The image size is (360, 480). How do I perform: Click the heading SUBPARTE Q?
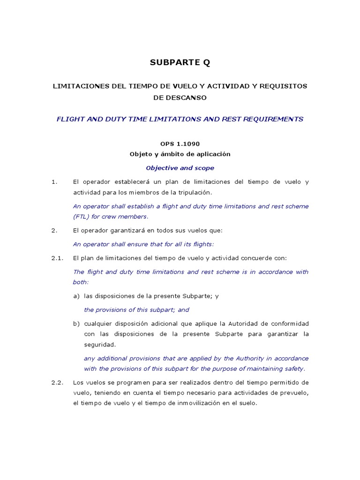180,62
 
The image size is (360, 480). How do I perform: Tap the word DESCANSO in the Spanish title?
180,98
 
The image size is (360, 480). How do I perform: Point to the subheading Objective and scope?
180,168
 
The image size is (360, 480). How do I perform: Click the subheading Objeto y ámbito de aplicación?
180,154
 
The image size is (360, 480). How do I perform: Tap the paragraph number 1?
54,182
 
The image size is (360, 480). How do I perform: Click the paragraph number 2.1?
57,258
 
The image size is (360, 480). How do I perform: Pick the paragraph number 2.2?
57,382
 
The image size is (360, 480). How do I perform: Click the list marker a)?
76,296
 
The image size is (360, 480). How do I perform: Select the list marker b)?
76,324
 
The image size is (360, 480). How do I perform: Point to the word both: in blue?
81,282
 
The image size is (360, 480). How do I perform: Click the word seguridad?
99,345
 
